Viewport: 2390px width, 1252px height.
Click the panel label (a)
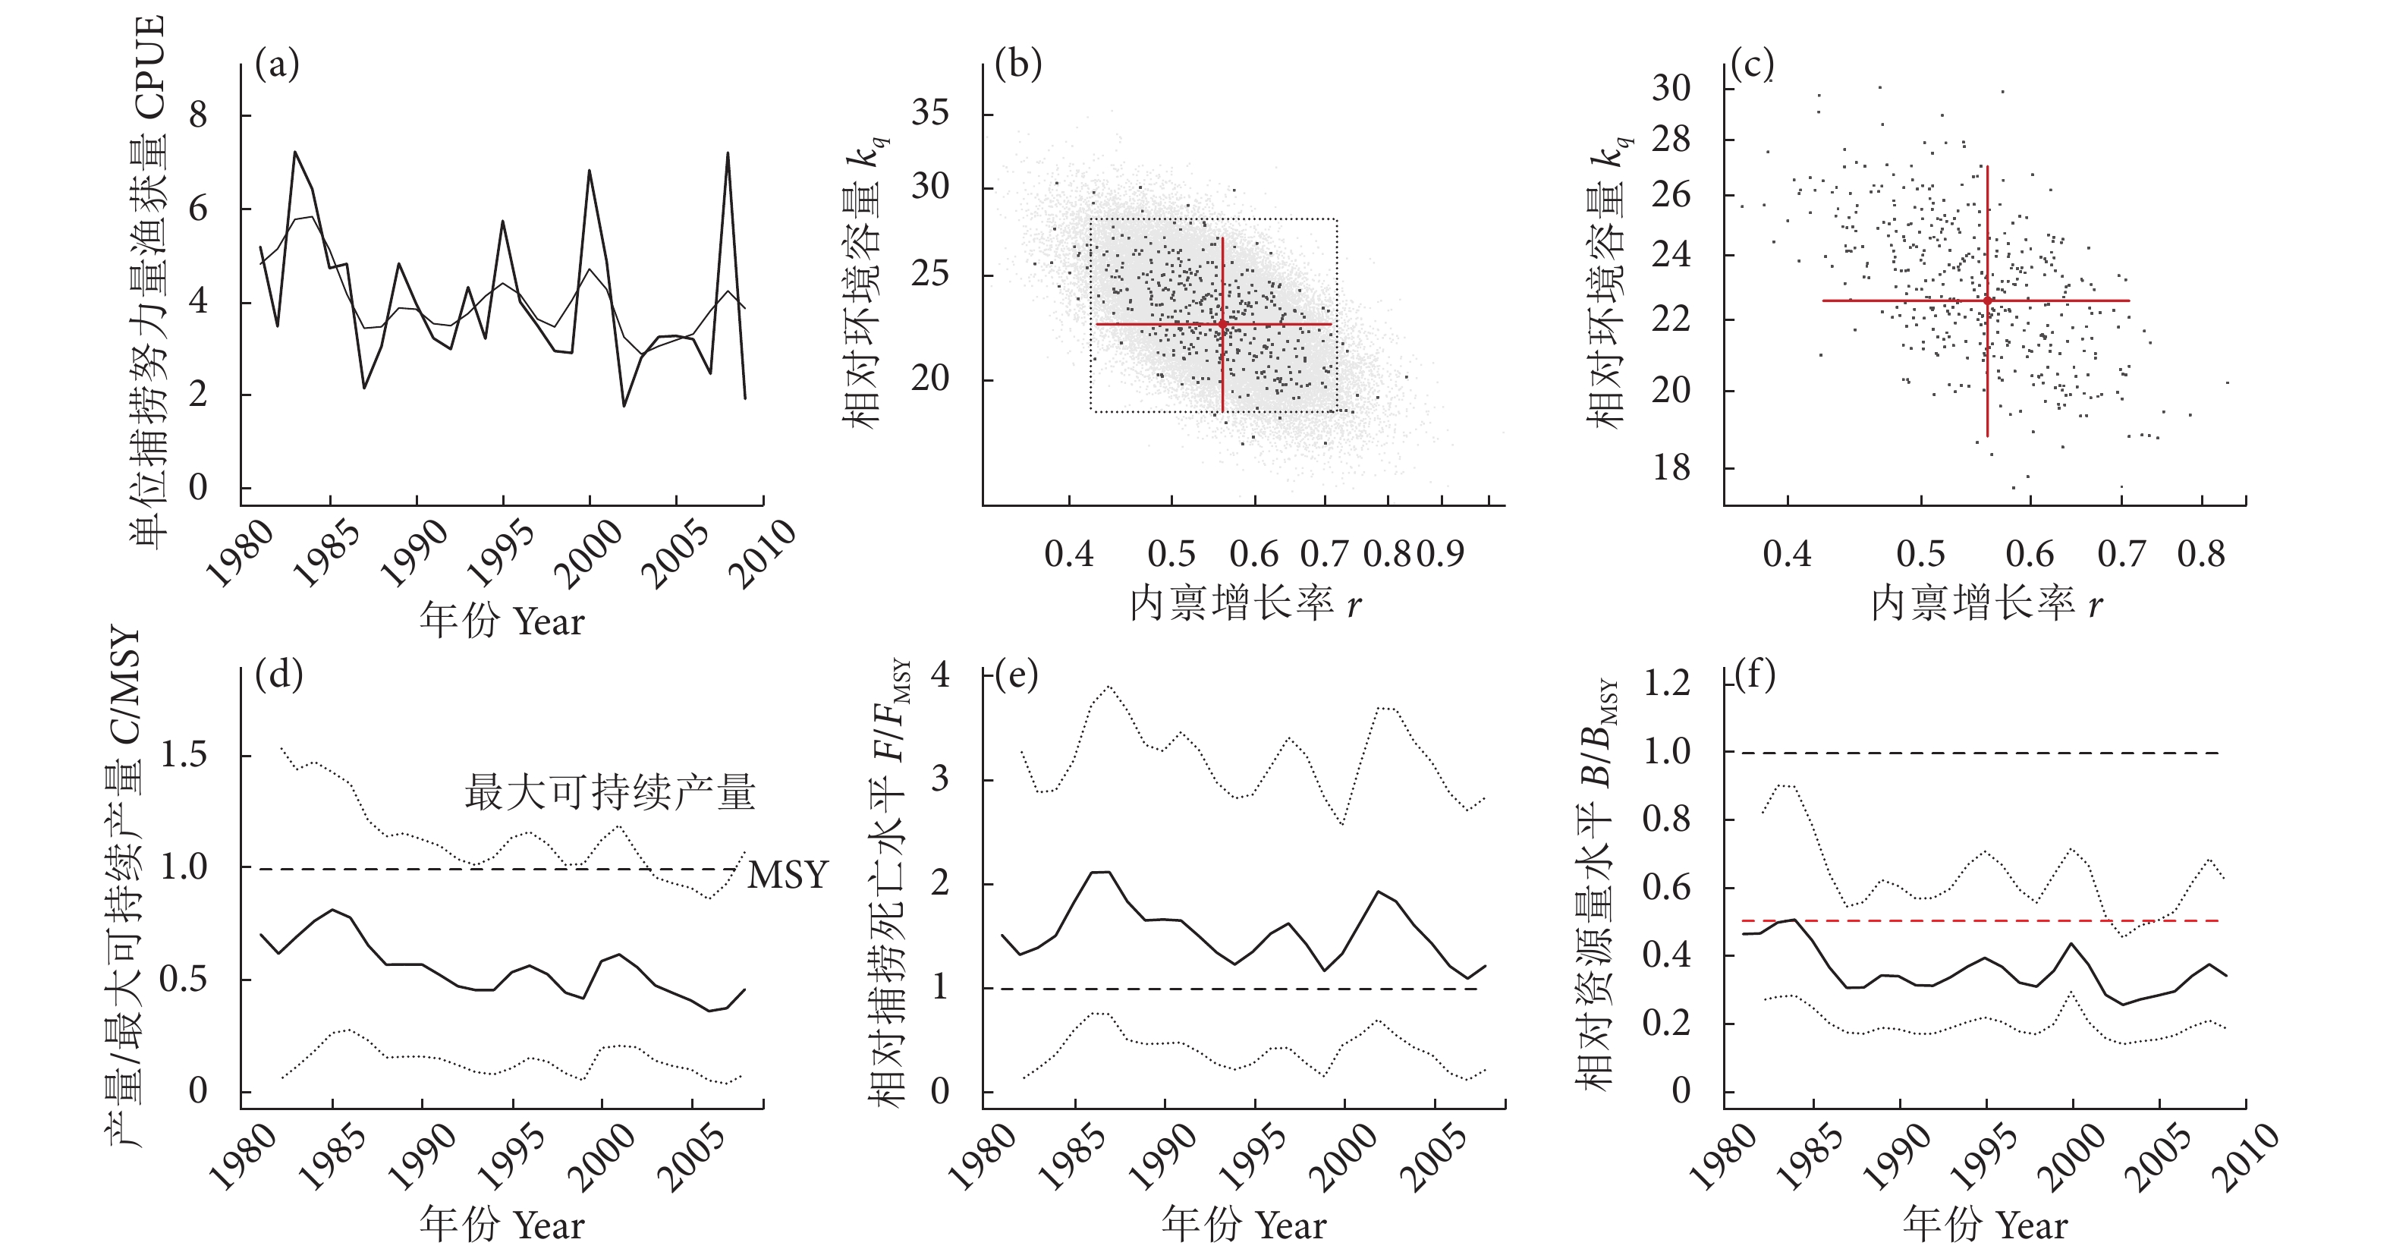tap(276, 66)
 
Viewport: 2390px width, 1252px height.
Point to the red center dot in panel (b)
tap(1223, 324)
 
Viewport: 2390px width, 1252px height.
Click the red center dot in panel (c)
tap(1987, 300)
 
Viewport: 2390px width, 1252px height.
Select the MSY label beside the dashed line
tap(787, 875)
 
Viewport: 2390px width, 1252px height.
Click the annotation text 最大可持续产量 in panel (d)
tap(609, 793)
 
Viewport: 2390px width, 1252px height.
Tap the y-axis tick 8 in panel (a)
tap(197, 116)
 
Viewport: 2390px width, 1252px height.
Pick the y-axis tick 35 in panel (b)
tap(929, 113)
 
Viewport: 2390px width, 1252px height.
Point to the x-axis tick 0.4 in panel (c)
tap(1787, 554)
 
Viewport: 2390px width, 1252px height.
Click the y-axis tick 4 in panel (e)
tap(940, 675)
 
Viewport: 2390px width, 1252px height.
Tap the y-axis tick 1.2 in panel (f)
tap(1666, 684)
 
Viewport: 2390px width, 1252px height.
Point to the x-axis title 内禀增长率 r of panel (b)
tap(1244, 604)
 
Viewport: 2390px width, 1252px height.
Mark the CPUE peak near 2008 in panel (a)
tap(728, 154)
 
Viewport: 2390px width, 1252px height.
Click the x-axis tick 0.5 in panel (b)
tap(1171, 554)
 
